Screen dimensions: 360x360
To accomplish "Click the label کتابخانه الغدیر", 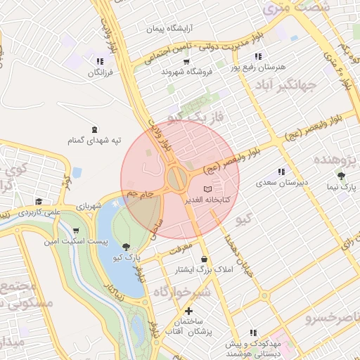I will [x=184, y=200].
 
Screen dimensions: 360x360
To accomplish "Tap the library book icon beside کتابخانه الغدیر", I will [x=207, y=190].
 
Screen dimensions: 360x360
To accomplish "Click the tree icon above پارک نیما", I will [x=342, y=176].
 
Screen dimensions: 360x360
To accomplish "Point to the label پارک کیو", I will [x=129, y=258].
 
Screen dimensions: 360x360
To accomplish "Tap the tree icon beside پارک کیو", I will [x=126, y=247].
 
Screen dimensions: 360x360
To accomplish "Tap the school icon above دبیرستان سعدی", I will [x=281, y=171].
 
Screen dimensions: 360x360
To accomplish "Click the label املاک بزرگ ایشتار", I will [x=204, y=270].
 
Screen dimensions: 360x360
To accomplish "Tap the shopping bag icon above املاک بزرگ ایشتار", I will [x=204, y=259].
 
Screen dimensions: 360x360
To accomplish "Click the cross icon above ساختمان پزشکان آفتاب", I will [x=188, y=311].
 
